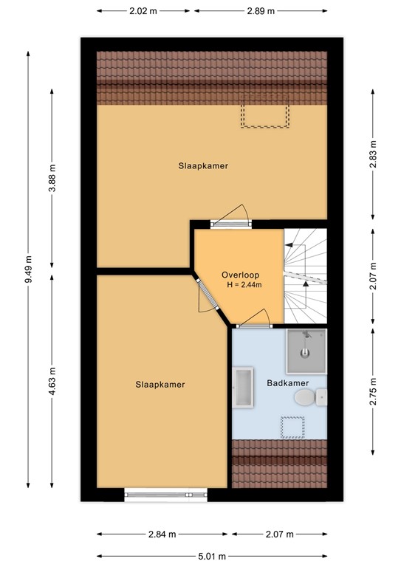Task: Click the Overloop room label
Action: (241, 275)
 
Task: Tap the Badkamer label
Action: (288, 383)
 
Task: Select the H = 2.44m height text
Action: (244, 285)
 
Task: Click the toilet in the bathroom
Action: (311, 397)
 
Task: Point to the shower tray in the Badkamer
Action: (306, 351)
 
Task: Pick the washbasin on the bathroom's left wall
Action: (243, 388)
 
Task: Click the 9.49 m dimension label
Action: (29, 269)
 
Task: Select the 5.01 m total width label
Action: (212, 556)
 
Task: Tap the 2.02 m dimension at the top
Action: (143, 11)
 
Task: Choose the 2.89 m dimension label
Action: (261, 11)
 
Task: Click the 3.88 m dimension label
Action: (52, 178)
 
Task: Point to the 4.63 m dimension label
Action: (52, 382)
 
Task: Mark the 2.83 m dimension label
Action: (373, 154)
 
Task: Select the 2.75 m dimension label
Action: (373, 391)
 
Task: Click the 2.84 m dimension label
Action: (162, 534)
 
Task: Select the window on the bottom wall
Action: (166, 495)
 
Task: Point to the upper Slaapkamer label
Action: (203, 166)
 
